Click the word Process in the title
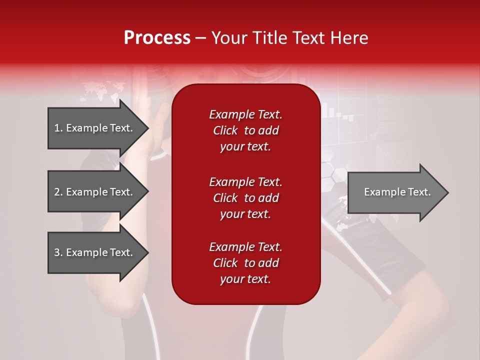(x=157, y=38)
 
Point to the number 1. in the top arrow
(x=58, y=128)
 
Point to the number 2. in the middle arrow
(x=58, y=192)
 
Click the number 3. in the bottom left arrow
(x=58, y=252)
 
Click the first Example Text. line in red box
(x=245, y=114)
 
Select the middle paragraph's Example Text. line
(x=245, y=182)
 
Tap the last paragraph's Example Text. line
(x=245, y=247)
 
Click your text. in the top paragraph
(x=245, y=147)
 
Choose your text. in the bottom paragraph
(x=245, y=279)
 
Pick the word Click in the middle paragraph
(x=225, y=198)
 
